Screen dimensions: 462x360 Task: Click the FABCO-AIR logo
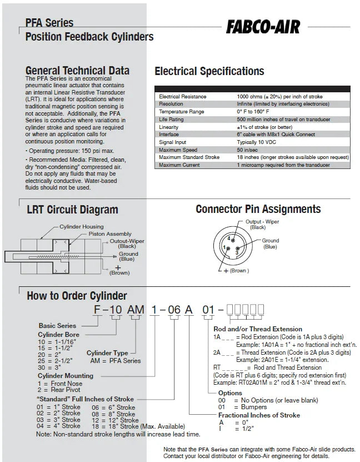263,27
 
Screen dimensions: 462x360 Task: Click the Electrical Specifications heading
209,72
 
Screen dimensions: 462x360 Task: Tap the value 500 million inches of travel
283,120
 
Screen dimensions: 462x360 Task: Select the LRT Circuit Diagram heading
72,210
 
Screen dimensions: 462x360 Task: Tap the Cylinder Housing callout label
81,227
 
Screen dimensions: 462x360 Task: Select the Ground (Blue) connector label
271,244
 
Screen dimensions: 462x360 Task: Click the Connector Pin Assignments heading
258,210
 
